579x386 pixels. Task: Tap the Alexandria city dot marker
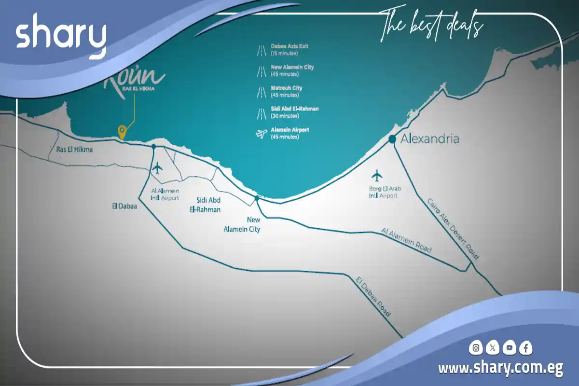[393, 139]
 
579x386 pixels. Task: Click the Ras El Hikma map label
[74, 150]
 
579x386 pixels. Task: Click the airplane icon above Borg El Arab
[377, 175]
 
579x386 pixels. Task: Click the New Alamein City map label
[242, 224]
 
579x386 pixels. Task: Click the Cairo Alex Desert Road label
[453, 228]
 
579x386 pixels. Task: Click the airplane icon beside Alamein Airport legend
[261, 133]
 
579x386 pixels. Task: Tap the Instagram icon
[476, 347]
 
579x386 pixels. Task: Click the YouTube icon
[509, 347]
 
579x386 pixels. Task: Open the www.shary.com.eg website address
[500, 368]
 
